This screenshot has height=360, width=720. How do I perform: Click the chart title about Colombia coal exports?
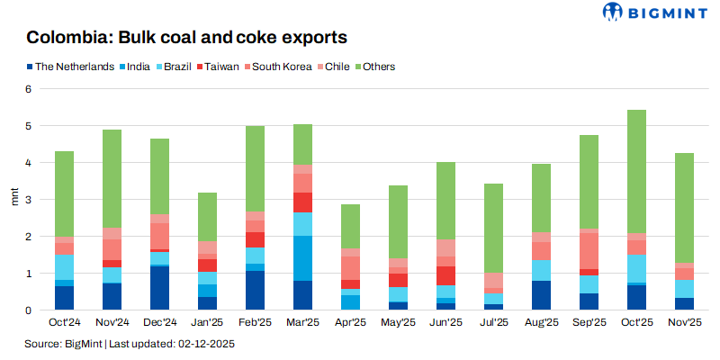[186, 39]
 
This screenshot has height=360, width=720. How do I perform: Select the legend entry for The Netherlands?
[73, 67]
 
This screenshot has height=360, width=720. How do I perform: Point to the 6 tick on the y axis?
[28, 89]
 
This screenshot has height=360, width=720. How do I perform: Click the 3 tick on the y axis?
[28, 200]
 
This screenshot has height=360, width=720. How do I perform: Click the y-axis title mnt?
[13, 200]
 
